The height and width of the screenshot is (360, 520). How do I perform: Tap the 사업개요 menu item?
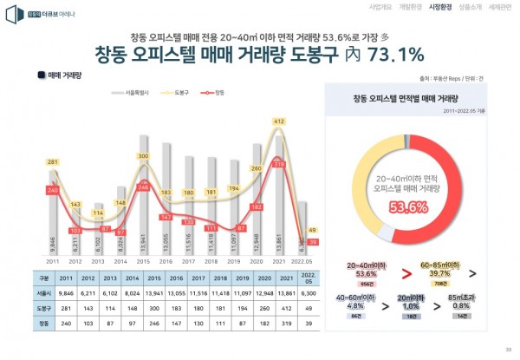(380, 6)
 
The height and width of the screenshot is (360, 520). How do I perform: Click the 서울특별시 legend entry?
(133, 91)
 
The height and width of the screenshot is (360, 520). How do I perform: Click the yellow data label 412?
(279, 122)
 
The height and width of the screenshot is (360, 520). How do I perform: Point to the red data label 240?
(52, 190)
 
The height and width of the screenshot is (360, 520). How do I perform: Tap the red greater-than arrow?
(404, 276)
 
